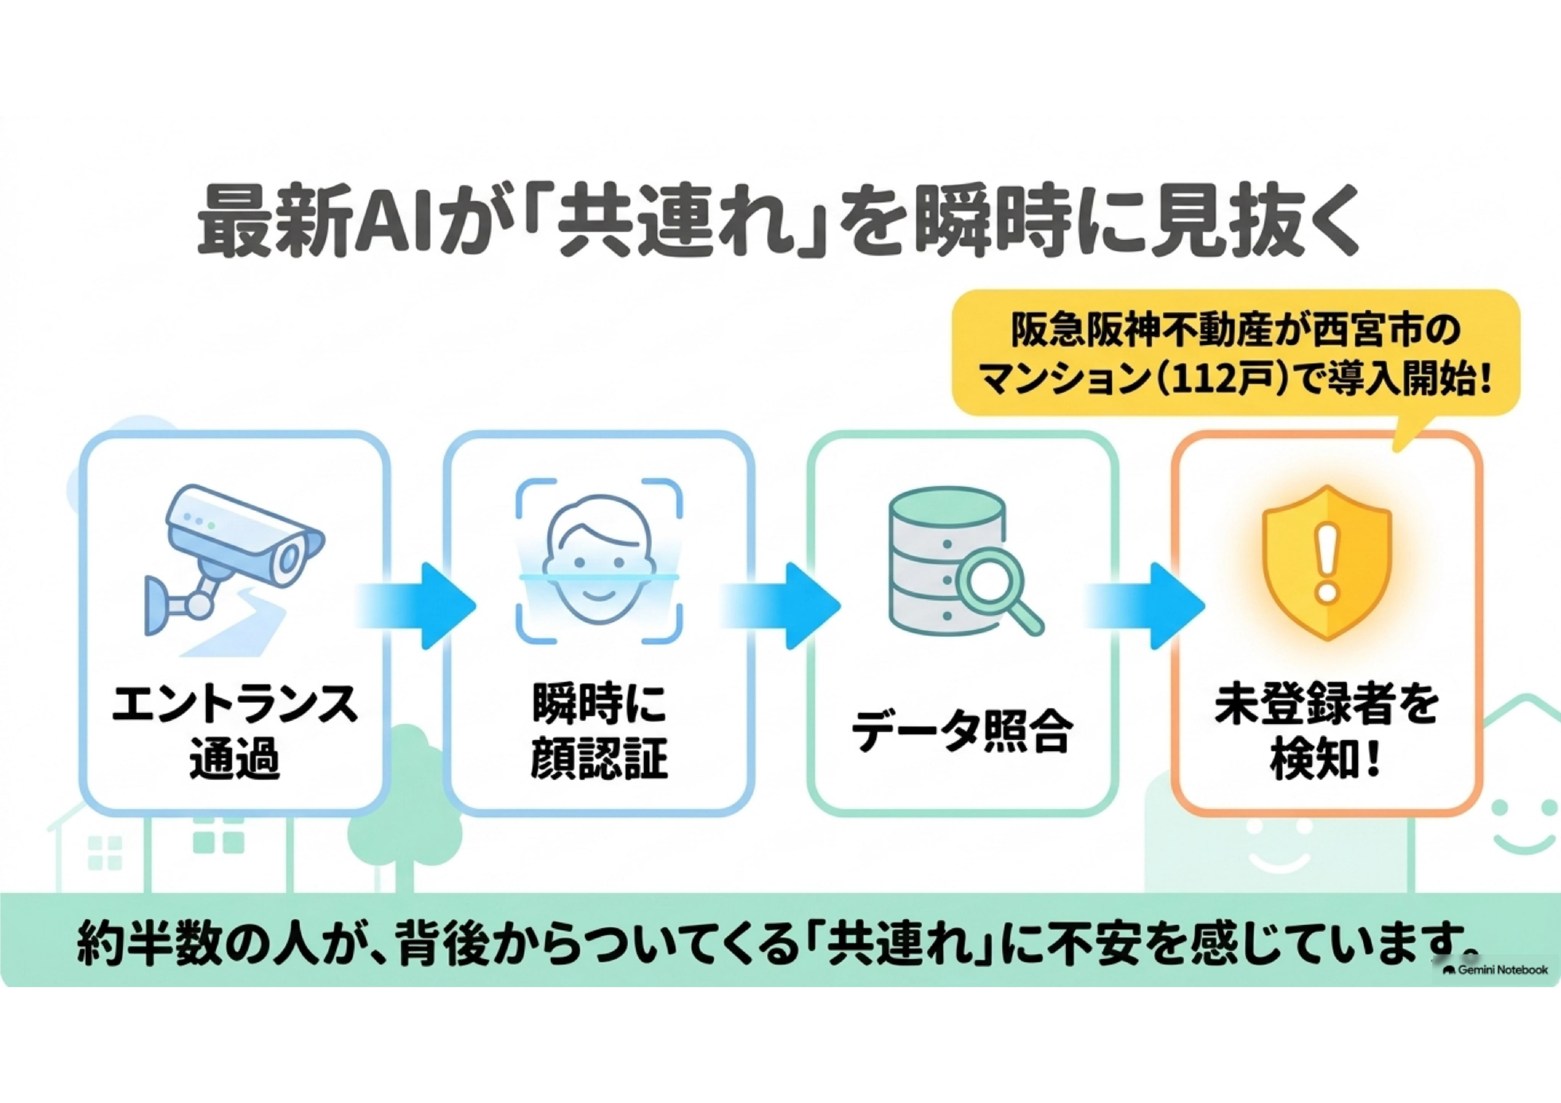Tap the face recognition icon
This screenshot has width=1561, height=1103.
click(598, 562)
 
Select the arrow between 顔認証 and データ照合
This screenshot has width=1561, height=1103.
click(780, 605)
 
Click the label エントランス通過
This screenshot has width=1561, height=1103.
click(235, 731)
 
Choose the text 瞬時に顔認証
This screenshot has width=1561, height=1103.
click(598, 731)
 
